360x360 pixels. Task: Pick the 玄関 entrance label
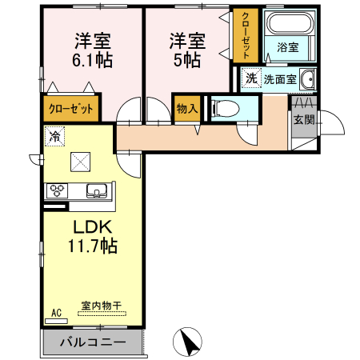click(x=303, y=121)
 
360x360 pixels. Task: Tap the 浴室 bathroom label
click(x=288, y=48)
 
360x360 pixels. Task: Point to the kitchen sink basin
click(x=97, y=190)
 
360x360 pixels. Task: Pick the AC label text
click(x=56, y=311)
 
